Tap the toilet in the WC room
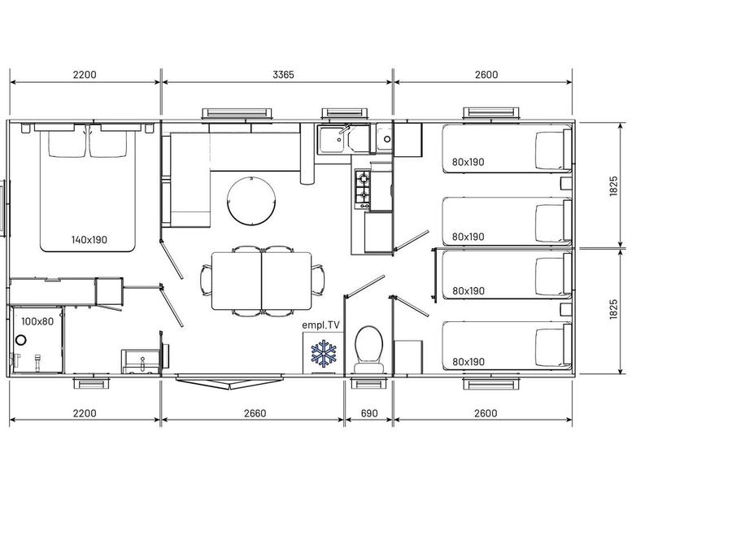click(368, 349)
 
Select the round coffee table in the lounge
click(251, 201)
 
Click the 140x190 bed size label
click(89, 240)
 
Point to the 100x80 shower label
click(37, 321)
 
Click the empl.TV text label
click(320, 325)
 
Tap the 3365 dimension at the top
click(283, 75)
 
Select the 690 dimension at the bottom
click(368, 413)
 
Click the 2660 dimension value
click(255, 413)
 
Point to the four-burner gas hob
click(363, 189)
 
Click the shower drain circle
click(21, 340)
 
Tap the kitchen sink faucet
click(344, 130)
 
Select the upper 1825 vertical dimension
click(614, 185)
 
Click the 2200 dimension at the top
click(85, 75)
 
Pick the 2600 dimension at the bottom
click(486, 413)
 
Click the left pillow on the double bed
click(68, 143)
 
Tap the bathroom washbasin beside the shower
click(138, 362)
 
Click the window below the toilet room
click(368, 383)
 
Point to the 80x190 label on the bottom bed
click(468, 362)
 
